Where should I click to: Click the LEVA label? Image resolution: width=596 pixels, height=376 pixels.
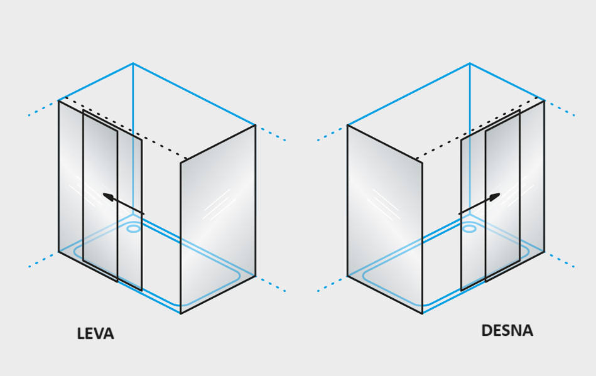point(95,333)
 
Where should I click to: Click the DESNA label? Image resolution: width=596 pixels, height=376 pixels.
point(507,330)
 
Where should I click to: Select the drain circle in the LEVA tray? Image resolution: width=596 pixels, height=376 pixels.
point(134,228)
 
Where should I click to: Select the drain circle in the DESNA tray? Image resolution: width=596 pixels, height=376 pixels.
point(469,228)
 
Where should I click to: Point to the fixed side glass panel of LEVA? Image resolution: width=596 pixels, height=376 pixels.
point(218,220)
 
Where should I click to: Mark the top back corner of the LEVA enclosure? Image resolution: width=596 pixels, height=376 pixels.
point(133,63)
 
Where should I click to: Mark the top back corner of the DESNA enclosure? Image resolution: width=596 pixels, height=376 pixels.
point(470,63)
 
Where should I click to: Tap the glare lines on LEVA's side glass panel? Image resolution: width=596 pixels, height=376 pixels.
point(218,204)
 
